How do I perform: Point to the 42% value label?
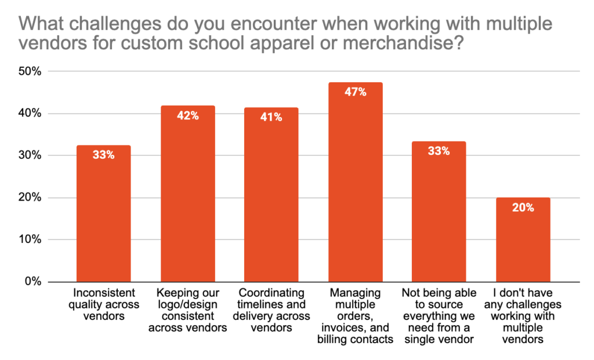tap(187, 116)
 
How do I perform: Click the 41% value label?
tap(271, 118)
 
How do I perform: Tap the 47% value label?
tap(355, 92)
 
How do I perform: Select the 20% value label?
tap(523, 208)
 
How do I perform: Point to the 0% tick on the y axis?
tap(32, 282)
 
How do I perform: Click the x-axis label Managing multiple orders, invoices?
tap(355, 315)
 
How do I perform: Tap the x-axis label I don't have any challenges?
tap(523, 315)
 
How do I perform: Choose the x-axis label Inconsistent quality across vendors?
tap(103, 304)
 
